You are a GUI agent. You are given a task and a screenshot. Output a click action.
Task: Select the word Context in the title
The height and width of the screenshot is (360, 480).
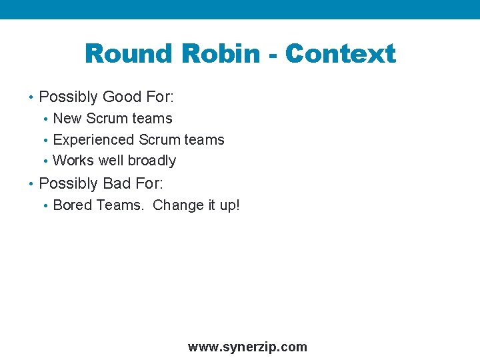point(340,54)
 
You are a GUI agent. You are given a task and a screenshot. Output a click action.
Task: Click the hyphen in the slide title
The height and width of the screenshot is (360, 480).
point(272,55)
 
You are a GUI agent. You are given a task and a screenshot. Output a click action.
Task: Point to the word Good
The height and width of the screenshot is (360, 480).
point(122,97)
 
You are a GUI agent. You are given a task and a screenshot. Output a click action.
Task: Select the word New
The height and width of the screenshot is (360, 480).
point(67,119)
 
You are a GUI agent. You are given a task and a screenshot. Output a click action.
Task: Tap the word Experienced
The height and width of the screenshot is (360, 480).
point(93,140)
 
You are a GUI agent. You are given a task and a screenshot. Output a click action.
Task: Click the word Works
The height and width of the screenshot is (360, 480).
point(73,161)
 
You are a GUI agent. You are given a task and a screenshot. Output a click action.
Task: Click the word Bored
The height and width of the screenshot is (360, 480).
point(72,205)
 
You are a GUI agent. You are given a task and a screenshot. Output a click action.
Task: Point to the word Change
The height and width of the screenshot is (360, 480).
point(176,205)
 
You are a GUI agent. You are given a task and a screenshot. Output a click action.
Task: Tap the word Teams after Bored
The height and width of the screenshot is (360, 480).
point(120,205)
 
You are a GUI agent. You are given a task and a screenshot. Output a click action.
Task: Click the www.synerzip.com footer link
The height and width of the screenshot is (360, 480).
point(247,347)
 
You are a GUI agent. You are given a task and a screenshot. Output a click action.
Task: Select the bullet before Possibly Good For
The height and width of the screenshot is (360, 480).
point(31,98)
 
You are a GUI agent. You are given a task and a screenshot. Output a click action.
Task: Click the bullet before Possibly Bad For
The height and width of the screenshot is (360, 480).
point(31,183)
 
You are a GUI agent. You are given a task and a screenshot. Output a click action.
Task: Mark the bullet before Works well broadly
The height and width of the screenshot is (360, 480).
point(45,161)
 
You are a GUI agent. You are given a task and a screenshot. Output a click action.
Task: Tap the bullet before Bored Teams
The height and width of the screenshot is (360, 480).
point(45,206)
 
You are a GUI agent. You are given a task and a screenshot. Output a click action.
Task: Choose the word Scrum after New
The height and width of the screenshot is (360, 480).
point(107,119)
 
